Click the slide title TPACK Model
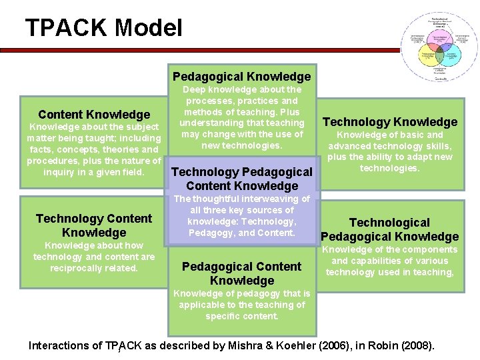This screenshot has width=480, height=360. (x=103, y=28)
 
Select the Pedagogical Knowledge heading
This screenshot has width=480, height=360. (x=241, y=77)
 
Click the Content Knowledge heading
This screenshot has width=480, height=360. (x=94, y=115)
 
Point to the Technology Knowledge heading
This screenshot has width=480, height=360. (x=390, y=121)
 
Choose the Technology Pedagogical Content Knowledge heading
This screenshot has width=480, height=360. (x=241, y=179)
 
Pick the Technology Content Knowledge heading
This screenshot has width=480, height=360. (x=94, y=225)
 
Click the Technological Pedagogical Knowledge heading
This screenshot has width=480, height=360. (x=390, y=229)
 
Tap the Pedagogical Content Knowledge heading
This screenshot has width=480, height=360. (x=241, y=273)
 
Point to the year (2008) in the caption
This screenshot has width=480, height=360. (x=411, y=345)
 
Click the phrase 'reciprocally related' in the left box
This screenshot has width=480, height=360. (x=94, y=268)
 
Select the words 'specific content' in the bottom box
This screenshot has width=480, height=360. (x=241, y=316)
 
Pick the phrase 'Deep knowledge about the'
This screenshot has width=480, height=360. (x=241, y=89)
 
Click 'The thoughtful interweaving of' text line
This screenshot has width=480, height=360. (x=241, y=199)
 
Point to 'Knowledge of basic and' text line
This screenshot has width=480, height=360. (x=390, y=135)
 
